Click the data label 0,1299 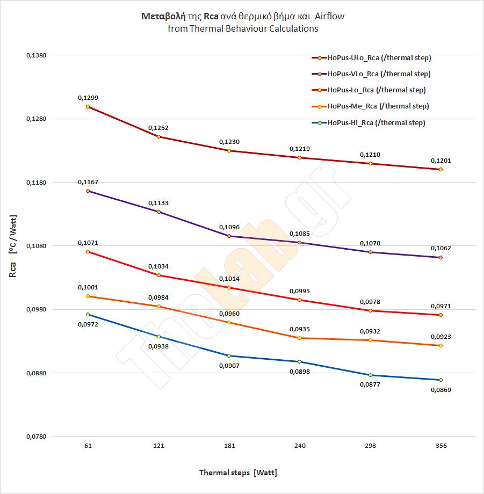pos(88,98)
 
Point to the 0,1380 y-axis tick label pos(37,55)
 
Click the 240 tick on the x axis pos(300,446)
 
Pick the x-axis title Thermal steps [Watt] pos(238,473)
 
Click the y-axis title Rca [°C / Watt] pos(15,245)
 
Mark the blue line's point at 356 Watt pos(440,380)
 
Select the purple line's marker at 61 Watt pos(88,191)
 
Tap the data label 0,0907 pos(229,366)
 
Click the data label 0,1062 pos(440,248)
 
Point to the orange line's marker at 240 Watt pos(300,338)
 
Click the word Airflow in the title pos(327,16)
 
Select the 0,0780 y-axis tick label pos(37,437)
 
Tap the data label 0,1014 pos(229,279)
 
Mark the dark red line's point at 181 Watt pos(229,151)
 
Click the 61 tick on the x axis pos(88,446)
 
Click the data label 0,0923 pos(440,337)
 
